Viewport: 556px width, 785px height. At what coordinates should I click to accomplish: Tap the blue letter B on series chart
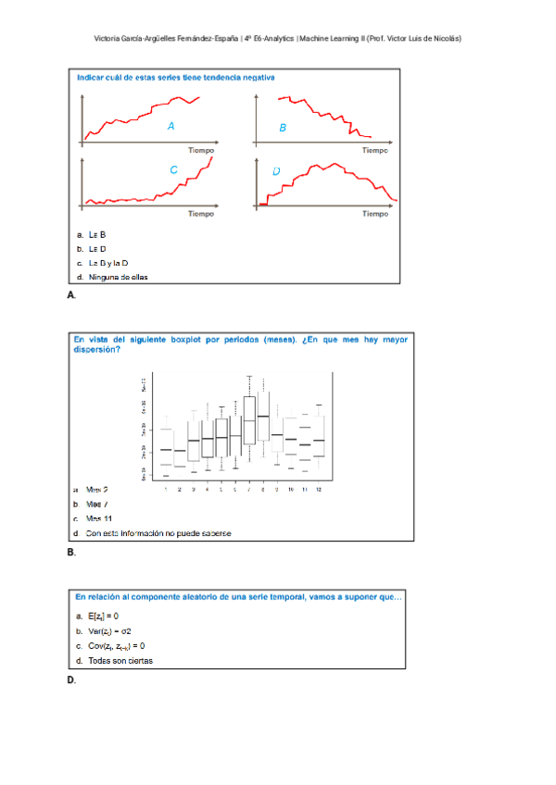[283, 128]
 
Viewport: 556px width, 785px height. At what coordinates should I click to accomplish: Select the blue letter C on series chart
[173, 170]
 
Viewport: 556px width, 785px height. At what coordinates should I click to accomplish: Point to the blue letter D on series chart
[276, 171]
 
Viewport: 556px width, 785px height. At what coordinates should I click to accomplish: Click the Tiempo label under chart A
[201, 149]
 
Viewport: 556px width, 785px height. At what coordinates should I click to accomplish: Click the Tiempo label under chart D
[374, 214]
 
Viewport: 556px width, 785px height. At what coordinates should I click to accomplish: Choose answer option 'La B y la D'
[107, 263]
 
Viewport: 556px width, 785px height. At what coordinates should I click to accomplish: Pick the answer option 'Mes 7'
[97, 504]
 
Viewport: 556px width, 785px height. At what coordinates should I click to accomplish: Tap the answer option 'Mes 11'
[99, 518]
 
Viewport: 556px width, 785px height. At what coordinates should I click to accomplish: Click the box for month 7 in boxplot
[249, 420]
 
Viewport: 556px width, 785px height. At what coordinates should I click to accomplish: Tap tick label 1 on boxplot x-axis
[165, 489]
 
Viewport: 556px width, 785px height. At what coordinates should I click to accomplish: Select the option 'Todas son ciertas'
[120, 661]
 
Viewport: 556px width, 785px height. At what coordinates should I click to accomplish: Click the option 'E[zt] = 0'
[103, 616]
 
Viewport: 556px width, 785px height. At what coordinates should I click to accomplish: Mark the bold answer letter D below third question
[71, 680]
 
